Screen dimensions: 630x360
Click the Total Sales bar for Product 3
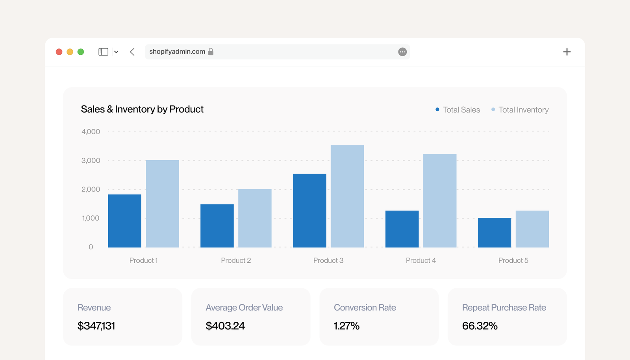[309, 210]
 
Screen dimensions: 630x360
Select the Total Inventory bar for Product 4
[439, 200]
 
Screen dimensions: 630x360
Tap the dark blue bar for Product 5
[495, 233]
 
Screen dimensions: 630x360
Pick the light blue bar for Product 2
[255, 218]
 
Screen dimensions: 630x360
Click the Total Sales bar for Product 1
[124, 221]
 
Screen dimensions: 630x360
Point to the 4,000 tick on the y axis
[91, 132]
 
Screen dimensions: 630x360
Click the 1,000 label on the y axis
[91, 218]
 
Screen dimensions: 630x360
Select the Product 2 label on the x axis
[236, 260]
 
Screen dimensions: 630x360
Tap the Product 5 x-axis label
[513, 260]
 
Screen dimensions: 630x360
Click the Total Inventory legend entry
[520, 109]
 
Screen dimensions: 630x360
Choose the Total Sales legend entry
[458, 109]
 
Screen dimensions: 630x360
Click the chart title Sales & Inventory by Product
[142, 109]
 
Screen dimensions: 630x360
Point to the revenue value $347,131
[96, 326]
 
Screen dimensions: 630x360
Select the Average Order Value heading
[244, 307]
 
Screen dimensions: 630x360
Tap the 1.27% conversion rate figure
[346, 326]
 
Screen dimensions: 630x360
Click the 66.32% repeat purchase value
[480, 326]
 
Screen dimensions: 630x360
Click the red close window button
[59, 52]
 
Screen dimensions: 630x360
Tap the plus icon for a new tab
[567, 52]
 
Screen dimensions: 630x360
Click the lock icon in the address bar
[211, 52]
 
